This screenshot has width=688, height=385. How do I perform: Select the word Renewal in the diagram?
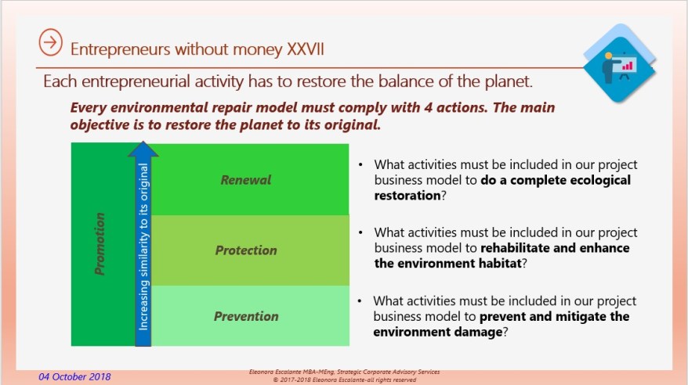click(245, 180)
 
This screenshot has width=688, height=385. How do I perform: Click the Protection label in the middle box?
click(246, 250)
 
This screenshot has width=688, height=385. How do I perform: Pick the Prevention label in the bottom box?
click(246, 316)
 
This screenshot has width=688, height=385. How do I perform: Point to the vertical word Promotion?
click(100, 245)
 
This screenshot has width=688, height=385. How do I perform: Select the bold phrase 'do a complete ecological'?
click(556, 180)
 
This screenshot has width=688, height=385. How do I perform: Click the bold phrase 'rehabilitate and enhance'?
click(555, 248)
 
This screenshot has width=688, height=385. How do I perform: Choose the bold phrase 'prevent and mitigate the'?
click(555, 316)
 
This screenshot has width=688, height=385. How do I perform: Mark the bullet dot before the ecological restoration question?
click(360, 165)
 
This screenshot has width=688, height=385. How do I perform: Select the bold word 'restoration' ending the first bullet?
click(407, 196)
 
